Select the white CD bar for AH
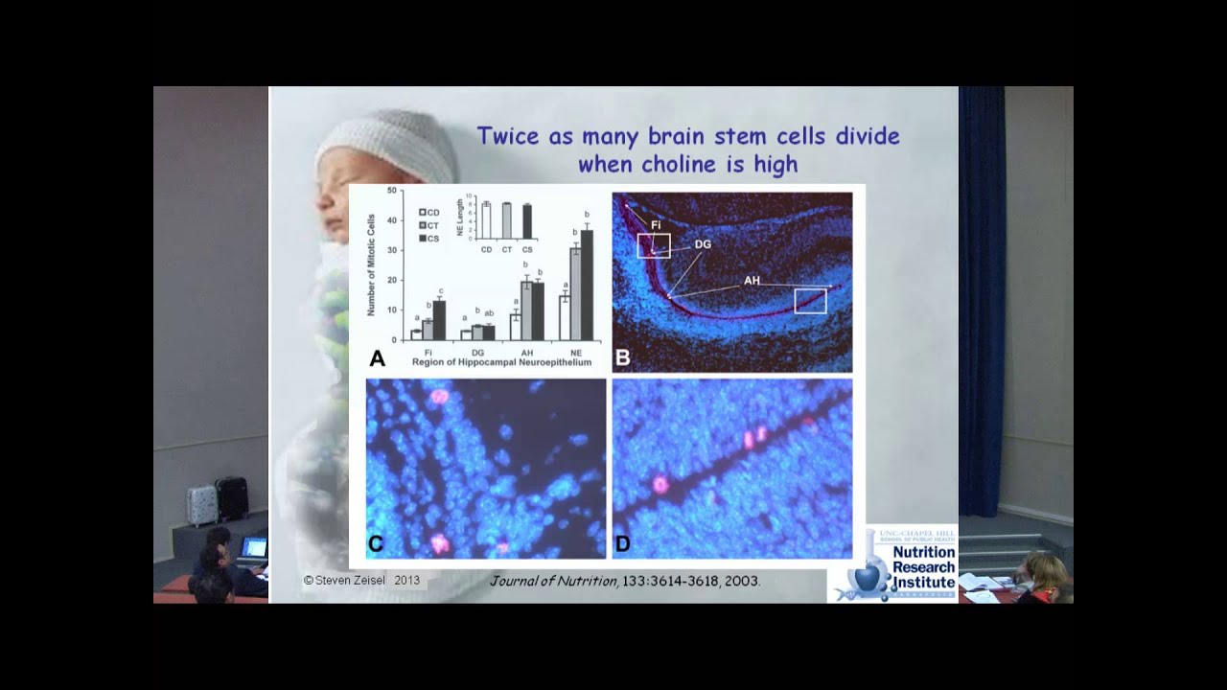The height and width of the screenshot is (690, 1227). tap(515, 327)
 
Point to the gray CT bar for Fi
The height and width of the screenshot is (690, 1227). tap(428, 330)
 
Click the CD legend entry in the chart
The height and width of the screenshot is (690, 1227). tap(428, 213)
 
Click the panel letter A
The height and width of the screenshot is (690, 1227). tap(377, 358)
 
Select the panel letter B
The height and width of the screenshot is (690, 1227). tap(622, 358)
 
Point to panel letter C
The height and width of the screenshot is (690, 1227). tap(376, 544)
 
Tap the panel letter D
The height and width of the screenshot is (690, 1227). tap(622, 544)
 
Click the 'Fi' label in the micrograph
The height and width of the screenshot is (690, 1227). tap(657, 225)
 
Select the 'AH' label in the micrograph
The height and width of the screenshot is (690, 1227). tap(752, 281)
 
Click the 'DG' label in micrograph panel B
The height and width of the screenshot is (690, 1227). tap(703, 244)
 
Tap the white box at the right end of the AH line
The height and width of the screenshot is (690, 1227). tap(810, 301)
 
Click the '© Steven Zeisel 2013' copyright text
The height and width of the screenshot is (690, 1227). tap(361, 580)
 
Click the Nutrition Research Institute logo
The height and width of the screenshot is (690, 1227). tap(895, 567)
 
